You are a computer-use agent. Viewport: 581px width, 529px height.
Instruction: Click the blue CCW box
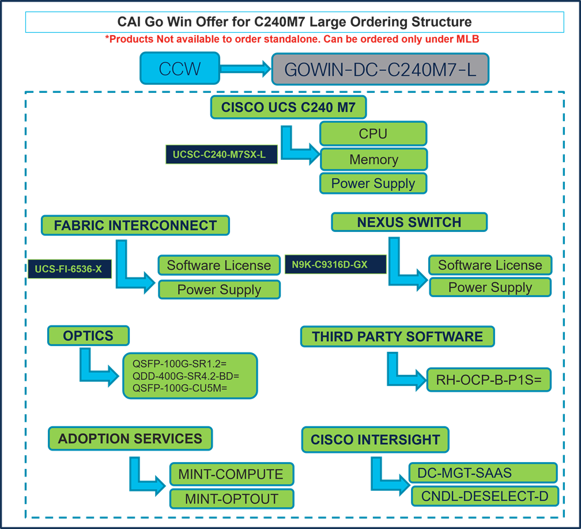[x=180, y=69]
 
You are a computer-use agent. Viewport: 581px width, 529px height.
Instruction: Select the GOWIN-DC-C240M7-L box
[x=380, y=69]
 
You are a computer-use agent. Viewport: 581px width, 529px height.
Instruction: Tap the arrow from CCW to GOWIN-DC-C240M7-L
[x=246, y=69]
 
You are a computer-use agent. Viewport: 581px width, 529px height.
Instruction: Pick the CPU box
[x=373, y=134]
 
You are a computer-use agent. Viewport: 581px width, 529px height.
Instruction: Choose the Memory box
[x=373, y=160]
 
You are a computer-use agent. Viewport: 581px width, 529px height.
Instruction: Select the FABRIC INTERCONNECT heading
[x=135, y=225]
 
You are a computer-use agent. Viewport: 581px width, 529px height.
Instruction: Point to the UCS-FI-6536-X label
[x=69, y=269]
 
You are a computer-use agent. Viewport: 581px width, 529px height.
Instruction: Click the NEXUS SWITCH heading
[x=409, y=222]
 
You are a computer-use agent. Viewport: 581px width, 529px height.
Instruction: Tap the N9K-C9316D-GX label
[x=334, y=265]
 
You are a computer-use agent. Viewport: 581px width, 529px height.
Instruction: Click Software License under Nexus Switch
[x=490, y=265]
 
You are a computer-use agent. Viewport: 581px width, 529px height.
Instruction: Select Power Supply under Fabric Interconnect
[x=219, y=290]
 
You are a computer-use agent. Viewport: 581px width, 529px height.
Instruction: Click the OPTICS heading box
[x=88, y=335]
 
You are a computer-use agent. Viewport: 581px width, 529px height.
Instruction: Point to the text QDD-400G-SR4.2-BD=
[x=186, y=376]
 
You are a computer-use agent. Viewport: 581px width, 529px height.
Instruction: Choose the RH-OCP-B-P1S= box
[x=489, y=379]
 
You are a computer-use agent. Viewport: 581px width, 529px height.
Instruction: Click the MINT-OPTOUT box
[x=232, y=499]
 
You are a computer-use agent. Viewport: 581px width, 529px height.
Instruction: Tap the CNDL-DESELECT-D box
[x=484, y=496]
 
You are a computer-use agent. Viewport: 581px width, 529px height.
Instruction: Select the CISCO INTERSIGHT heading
[x=375, y=440]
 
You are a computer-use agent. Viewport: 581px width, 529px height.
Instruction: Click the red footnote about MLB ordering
[x=292, y=39]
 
